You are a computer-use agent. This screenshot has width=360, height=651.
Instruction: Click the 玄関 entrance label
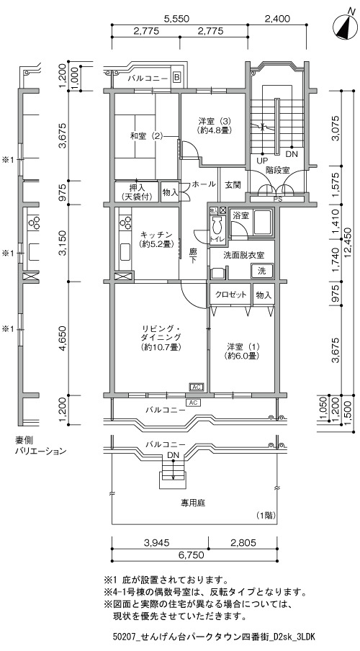tap(233, 184)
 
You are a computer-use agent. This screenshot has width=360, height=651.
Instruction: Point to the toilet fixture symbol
tap(217, 226)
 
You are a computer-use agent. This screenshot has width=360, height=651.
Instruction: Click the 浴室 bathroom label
tap(240, 216)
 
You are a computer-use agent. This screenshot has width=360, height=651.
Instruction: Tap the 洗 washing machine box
tap(262, 271)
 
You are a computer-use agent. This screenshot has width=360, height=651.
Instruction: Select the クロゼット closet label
tap(231, 295)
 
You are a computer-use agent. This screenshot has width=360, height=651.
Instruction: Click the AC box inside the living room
tap(197, 387)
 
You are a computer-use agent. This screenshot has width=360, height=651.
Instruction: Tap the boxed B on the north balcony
tap(177, 77)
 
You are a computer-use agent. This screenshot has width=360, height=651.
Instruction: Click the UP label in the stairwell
tap(262, 161)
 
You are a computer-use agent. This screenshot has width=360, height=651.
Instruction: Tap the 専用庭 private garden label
tap(193, 503)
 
